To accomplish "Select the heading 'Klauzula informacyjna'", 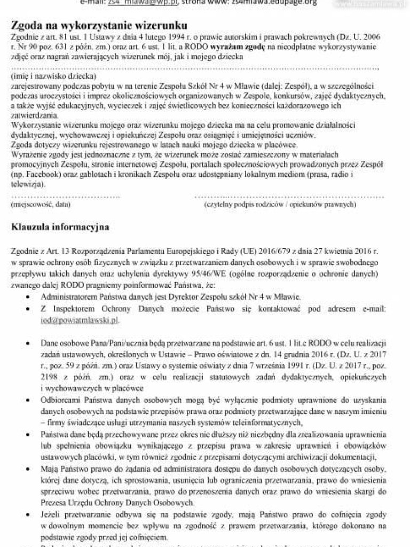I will tap(60, 227).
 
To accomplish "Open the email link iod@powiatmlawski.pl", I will tap(80, 320).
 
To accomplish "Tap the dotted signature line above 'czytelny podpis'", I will tap(288, 196).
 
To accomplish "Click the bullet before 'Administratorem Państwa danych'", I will tap(27, 296).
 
